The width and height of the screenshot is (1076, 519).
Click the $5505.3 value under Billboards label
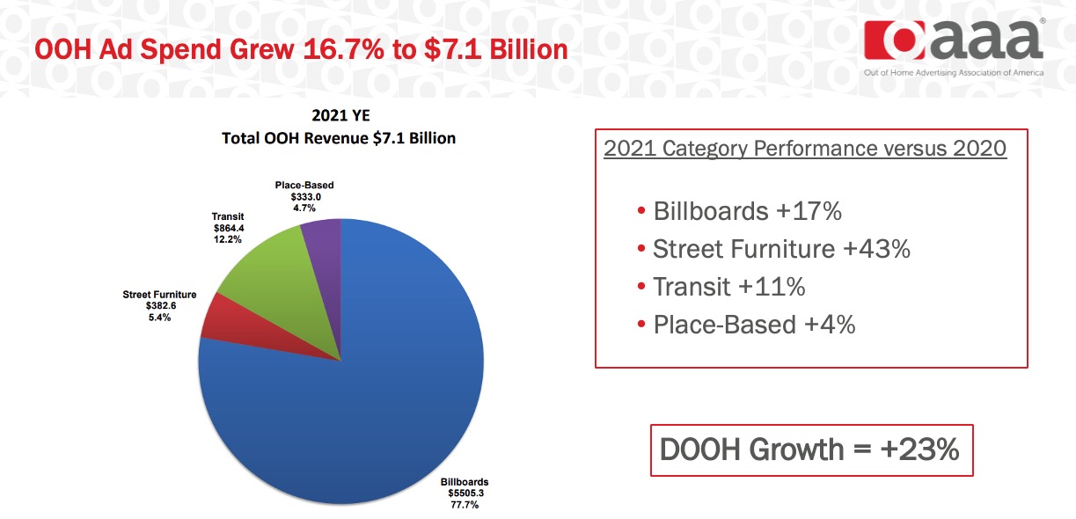click(x=465, y=493)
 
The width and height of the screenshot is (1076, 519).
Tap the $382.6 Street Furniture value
click(x=159, y=306)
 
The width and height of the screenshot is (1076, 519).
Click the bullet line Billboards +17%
click(x=746, y=212)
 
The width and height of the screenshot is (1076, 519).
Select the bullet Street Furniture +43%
click(x=780, y=250)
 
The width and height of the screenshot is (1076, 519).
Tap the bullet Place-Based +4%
click(x=753, y=325)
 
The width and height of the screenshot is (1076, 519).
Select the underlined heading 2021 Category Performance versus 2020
click(x=805, y=148)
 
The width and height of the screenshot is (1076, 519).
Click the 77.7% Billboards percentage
click(x=464, y=505)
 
